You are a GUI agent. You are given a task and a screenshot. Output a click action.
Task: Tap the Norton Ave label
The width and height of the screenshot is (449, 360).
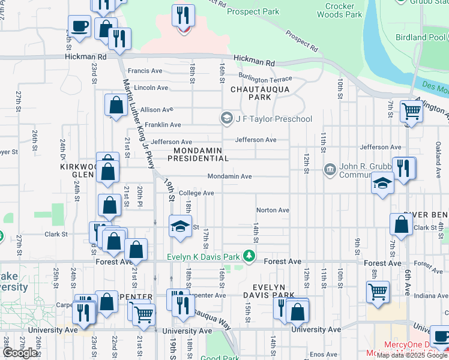(x=273, y=210)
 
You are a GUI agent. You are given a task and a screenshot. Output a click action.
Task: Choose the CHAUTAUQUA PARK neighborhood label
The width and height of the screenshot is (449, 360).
(x=260, y=93)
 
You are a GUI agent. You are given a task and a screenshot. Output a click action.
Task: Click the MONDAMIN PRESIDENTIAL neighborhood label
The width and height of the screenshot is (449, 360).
(x=198, y=154)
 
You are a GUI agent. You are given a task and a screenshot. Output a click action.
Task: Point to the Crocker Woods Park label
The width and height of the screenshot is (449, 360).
(x=343, y=10)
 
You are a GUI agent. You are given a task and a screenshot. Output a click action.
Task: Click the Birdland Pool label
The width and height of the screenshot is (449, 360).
(x=420, y=37)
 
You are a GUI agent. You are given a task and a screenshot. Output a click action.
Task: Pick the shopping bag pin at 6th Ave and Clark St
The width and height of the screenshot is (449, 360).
(x=401, y=225)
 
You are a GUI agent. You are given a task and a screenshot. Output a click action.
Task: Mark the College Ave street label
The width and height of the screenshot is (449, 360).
(x=196, y=193)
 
